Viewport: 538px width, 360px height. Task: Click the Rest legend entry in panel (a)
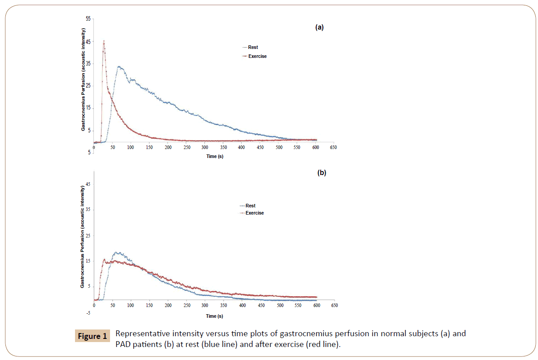[x=253, y=47]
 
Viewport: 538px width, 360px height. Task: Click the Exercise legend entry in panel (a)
[x=257, y=56]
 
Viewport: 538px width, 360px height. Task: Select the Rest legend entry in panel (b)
[x=250, y=206]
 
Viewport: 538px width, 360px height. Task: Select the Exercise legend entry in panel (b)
[x=255, y=213]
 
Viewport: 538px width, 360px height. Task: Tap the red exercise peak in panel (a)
[x=104, y=41]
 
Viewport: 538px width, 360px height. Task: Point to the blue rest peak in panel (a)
[x=119, y=66]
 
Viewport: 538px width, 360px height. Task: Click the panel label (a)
[x=319, y=27]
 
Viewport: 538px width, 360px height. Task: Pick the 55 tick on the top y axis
[x=88, y=19]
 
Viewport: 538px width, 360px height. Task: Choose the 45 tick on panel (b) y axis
[x=88, y=184]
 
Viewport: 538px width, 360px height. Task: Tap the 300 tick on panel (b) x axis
[x=205, y=305]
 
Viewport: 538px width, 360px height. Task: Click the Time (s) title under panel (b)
[x=214, y=316]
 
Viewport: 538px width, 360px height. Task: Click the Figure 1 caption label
[x=92, y=336]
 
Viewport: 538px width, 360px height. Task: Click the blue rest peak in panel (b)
[x=118, y=252]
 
